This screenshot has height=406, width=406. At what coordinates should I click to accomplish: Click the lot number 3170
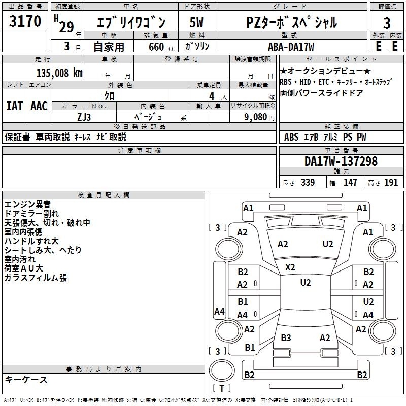(25, 21)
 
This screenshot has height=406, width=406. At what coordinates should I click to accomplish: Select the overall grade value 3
(387, 23)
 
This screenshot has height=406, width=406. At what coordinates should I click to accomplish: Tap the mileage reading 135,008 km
(59, 73)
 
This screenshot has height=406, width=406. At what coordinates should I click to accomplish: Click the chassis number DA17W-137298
(341, 161)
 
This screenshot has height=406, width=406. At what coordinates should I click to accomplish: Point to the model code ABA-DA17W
(291, 47)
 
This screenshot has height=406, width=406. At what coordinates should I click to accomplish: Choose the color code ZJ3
(84, 117)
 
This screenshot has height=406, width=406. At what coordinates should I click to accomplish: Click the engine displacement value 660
(156, 47)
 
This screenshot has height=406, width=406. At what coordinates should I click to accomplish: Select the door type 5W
(196, 22)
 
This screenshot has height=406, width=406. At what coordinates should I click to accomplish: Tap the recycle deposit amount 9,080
(256, 117)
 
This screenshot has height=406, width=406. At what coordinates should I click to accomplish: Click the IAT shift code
(15, 106)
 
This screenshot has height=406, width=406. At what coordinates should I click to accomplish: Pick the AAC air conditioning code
(39, 106)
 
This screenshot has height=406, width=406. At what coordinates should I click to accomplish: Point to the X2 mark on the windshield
(290, 267)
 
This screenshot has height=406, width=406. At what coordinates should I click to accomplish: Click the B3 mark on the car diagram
(286, 337)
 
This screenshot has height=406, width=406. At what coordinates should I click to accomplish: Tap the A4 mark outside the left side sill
(219, 311)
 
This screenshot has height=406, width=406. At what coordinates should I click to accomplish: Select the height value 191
(391, 182)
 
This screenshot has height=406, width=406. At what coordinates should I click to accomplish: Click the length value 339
(308, 182)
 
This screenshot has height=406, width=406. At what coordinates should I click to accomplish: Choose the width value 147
(350, 182)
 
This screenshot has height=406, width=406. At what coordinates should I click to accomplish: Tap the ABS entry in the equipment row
(291, 137)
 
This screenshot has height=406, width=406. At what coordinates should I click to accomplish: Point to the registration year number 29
(66, 27)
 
